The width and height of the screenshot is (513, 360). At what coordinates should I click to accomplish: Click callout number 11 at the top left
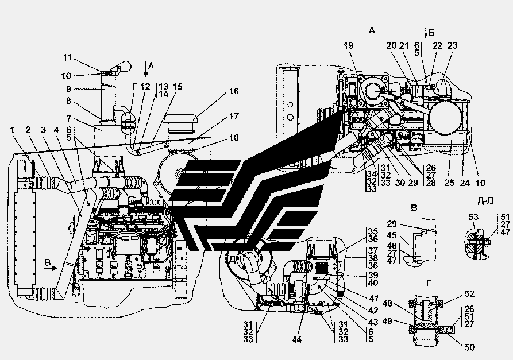(67, 57)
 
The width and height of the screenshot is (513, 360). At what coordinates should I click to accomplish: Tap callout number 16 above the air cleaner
(233, 92)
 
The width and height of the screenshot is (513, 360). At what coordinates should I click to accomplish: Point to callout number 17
(234, 117)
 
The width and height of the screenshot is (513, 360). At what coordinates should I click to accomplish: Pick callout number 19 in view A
(348, 45)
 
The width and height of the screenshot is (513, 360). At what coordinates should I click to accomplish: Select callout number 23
(453, 45)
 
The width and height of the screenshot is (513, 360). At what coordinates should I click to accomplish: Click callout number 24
(464, 183)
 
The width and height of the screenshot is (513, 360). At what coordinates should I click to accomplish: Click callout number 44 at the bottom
(296, 339)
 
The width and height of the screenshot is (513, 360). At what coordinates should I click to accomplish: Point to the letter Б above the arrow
(431, 33)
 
